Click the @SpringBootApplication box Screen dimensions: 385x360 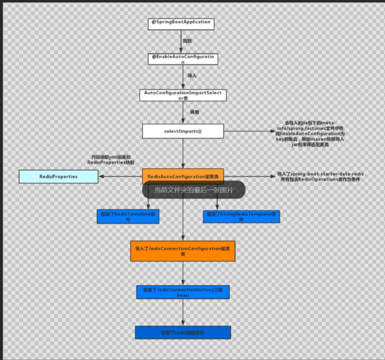(x=181, y=24)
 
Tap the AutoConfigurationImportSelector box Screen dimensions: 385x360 (x=183, y=95)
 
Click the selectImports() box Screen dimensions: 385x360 (x=183, y=131)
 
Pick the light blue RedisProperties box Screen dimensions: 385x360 (x=58, y=177)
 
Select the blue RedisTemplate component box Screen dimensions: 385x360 (x=128, y=216)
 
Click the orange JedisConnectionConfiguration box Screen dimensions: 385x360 (x=183, y=250)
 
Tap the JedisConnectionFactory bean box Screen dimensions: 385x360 (x=183, y=292)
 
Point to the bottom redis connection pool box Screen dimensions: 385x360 (x=183, y=332)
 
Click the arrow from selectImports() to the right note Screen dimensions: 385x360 (x=248, y=131)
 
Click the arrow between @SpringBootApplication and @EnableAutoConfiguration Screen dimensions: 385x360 (x=181, y=42)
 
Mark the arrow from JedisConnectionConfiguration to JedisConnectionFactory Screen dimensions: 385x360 (x=183, y=273)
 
